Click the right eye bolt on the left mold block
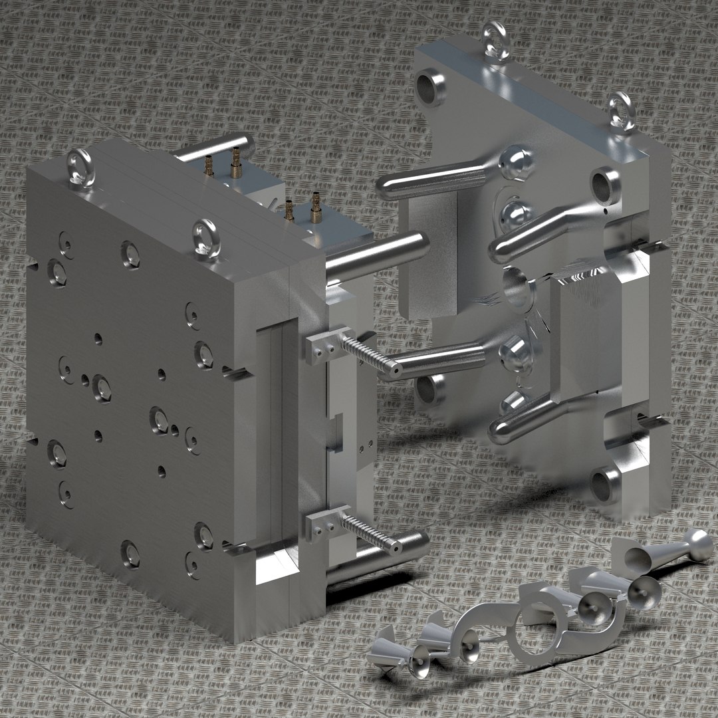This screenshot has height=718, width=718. coord(205,233)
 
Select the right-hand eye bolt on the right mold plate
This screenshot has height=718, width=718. coord(621,110)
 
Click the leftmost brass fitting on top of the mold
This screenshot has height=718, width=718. coord(209,164)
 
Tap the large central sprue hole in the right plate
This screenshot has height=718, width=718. coord(517,290)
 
